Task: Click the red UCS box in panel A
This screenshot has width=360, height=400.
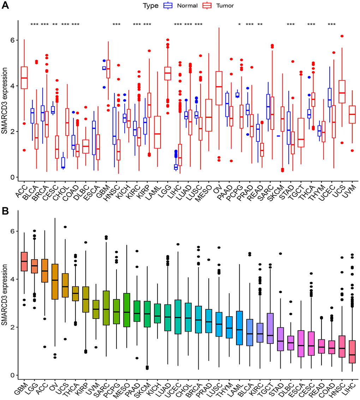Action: pos(342,92)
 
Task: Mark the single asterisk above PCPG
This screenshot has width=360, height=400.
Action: pos(240,25)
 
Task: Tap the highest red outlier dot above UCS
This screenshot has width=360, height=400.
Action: pos(342,36)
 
